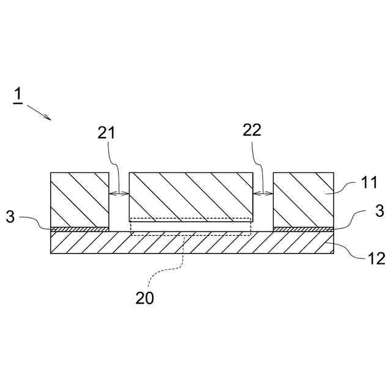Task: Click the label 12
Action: (376, 258)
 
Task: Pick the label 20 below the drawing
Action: (145, 298)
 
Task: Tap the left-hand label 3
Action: (10, 217)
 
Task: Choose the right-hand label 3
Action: (379, 211)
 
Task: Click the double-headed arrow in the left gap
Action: (119, 194)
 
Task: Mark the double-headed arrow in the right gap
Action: (263, 194)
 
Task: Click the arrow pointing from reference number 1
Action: (38, 112)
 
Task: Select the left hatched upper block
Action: (79, 199)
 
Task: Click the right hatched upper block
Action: (303, 199)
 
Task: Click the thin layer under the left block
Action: (79, 229)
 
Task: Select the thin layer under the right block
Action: (303, 229)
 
